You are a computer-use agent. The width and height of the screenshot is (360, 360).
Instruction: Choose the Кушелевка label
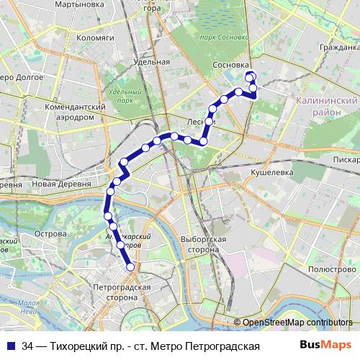pos(269,174)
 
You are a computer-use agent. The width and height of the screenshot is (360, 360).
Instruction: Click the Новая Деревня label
pos(60,184)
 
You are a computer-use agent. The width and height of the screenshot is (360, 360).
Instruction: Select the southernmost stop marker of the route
pos(131,267)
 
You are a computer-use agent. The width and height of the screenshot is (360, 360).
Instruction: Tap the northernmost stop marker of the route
pos(250,76)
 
